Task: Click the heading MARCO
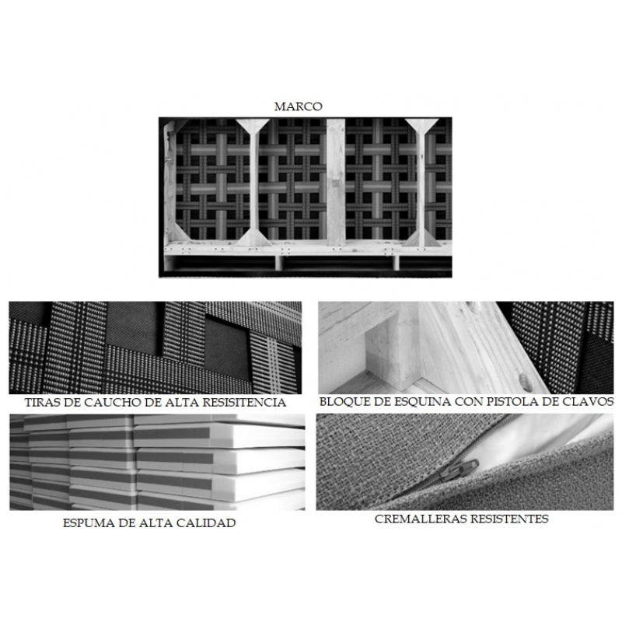pos(299,107)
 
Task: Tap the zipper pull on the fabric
pos(459,471)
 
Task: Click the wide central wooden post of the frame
pos(336,182)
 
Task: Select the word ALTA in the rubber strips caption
pos(182,402)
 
